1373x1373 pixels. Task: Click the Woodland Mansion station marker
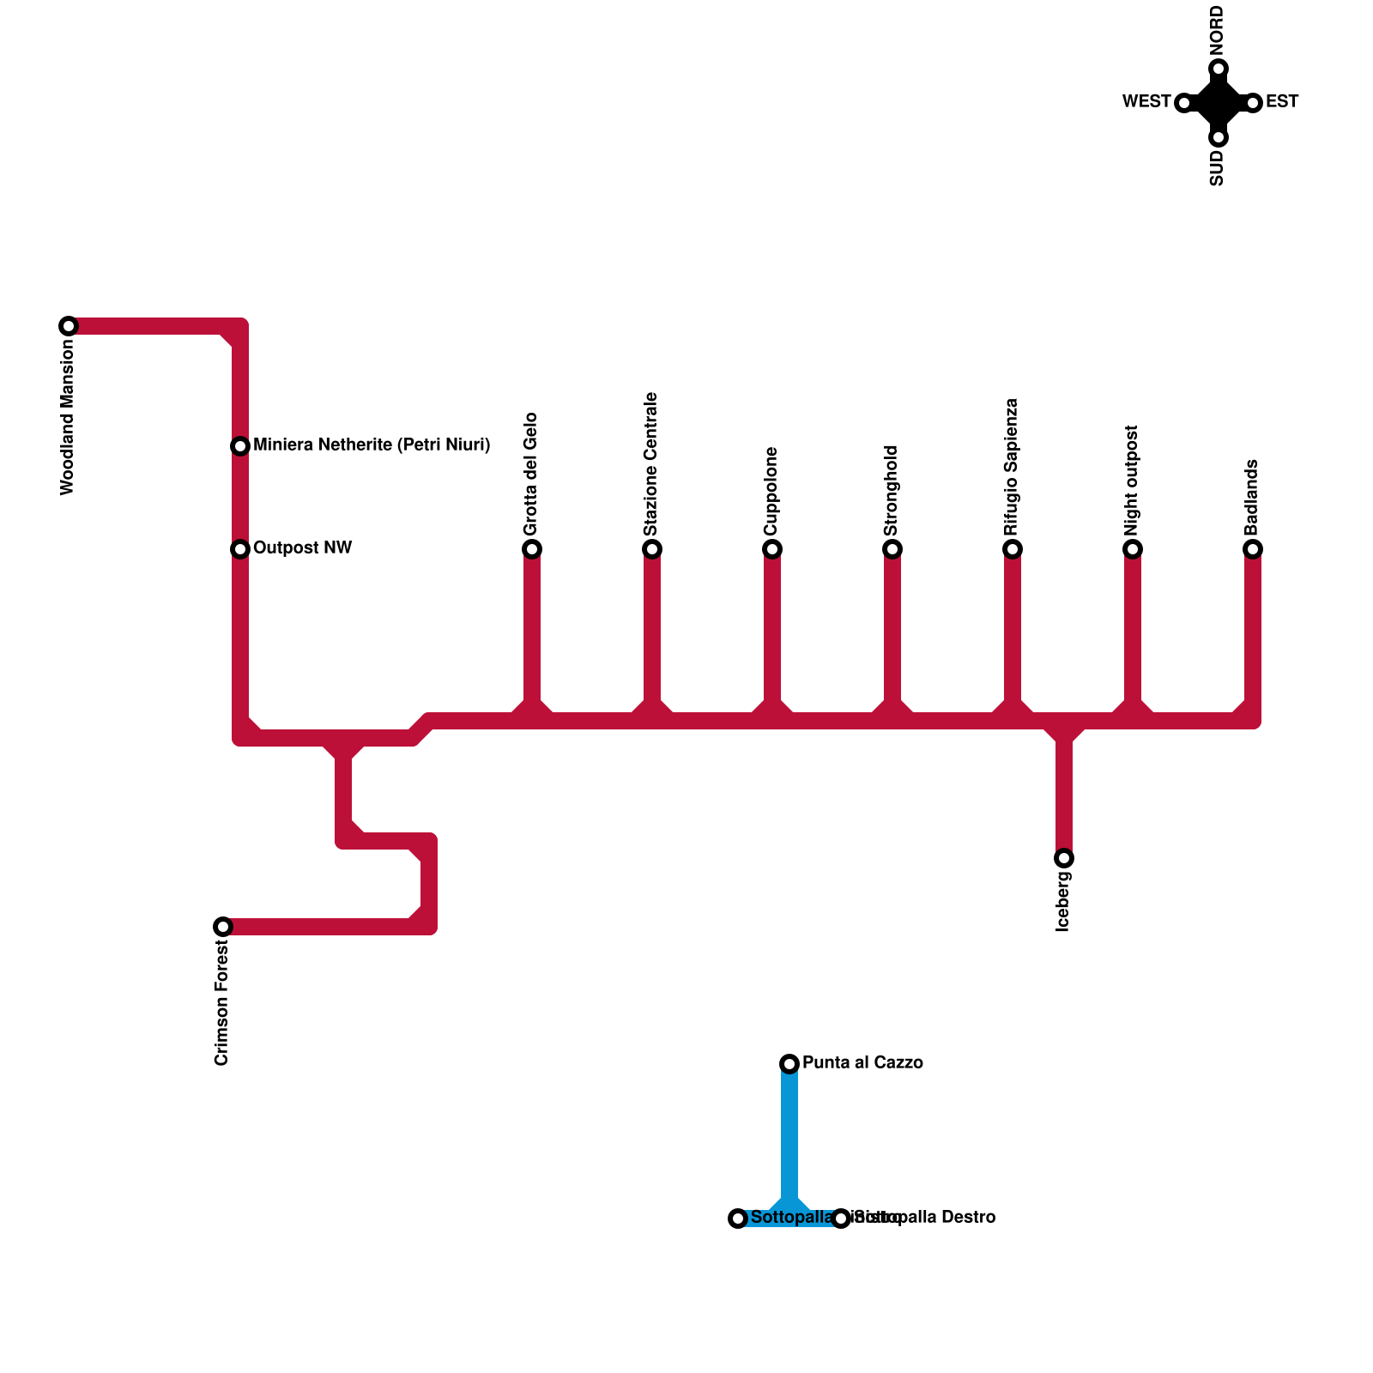tap(69, 326)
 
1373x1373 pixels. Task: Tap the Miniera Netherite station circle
tap(240, 446)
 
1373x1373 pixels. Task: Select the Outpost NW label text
tap(302, 548)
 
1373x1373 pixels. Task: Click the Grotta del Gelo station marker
tap(532, 549)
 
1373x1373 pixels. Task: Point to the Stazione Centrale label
tap(651, 464)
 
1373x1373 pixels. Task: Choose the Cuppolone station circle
tap(772, 549)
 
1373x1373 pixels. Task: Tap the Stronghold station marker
tap(892, 549)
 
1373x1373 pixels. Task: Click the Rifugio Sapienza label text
tap(1012, 468)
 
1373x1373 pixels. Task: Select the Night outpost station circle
tap(1133, 549)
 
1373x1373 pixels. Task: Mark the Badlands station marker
tap(1253, 549)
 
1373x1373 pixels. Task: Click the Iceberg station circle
tap(1064, 858)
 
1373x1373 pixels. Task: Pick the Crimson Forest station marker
tap(223, 927)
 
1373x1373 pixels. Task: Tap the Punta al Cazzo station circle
tap(789, 1064)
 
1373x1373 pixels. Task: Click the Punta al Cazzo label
tap(862, 1063)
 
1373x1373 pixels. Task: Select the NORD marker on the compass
tap(1219, 69)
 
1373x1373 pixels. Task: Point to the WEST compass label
tap(1146, 102)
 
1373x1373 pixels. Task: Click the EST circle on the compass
tap(1253, 103)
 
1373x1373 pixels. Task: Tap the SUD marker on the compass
tap(1219, 137)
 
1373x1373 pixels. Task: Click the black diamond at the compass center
tap(1219, 103)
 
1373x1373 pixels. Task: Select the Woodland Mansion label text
tap(68, 417)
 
